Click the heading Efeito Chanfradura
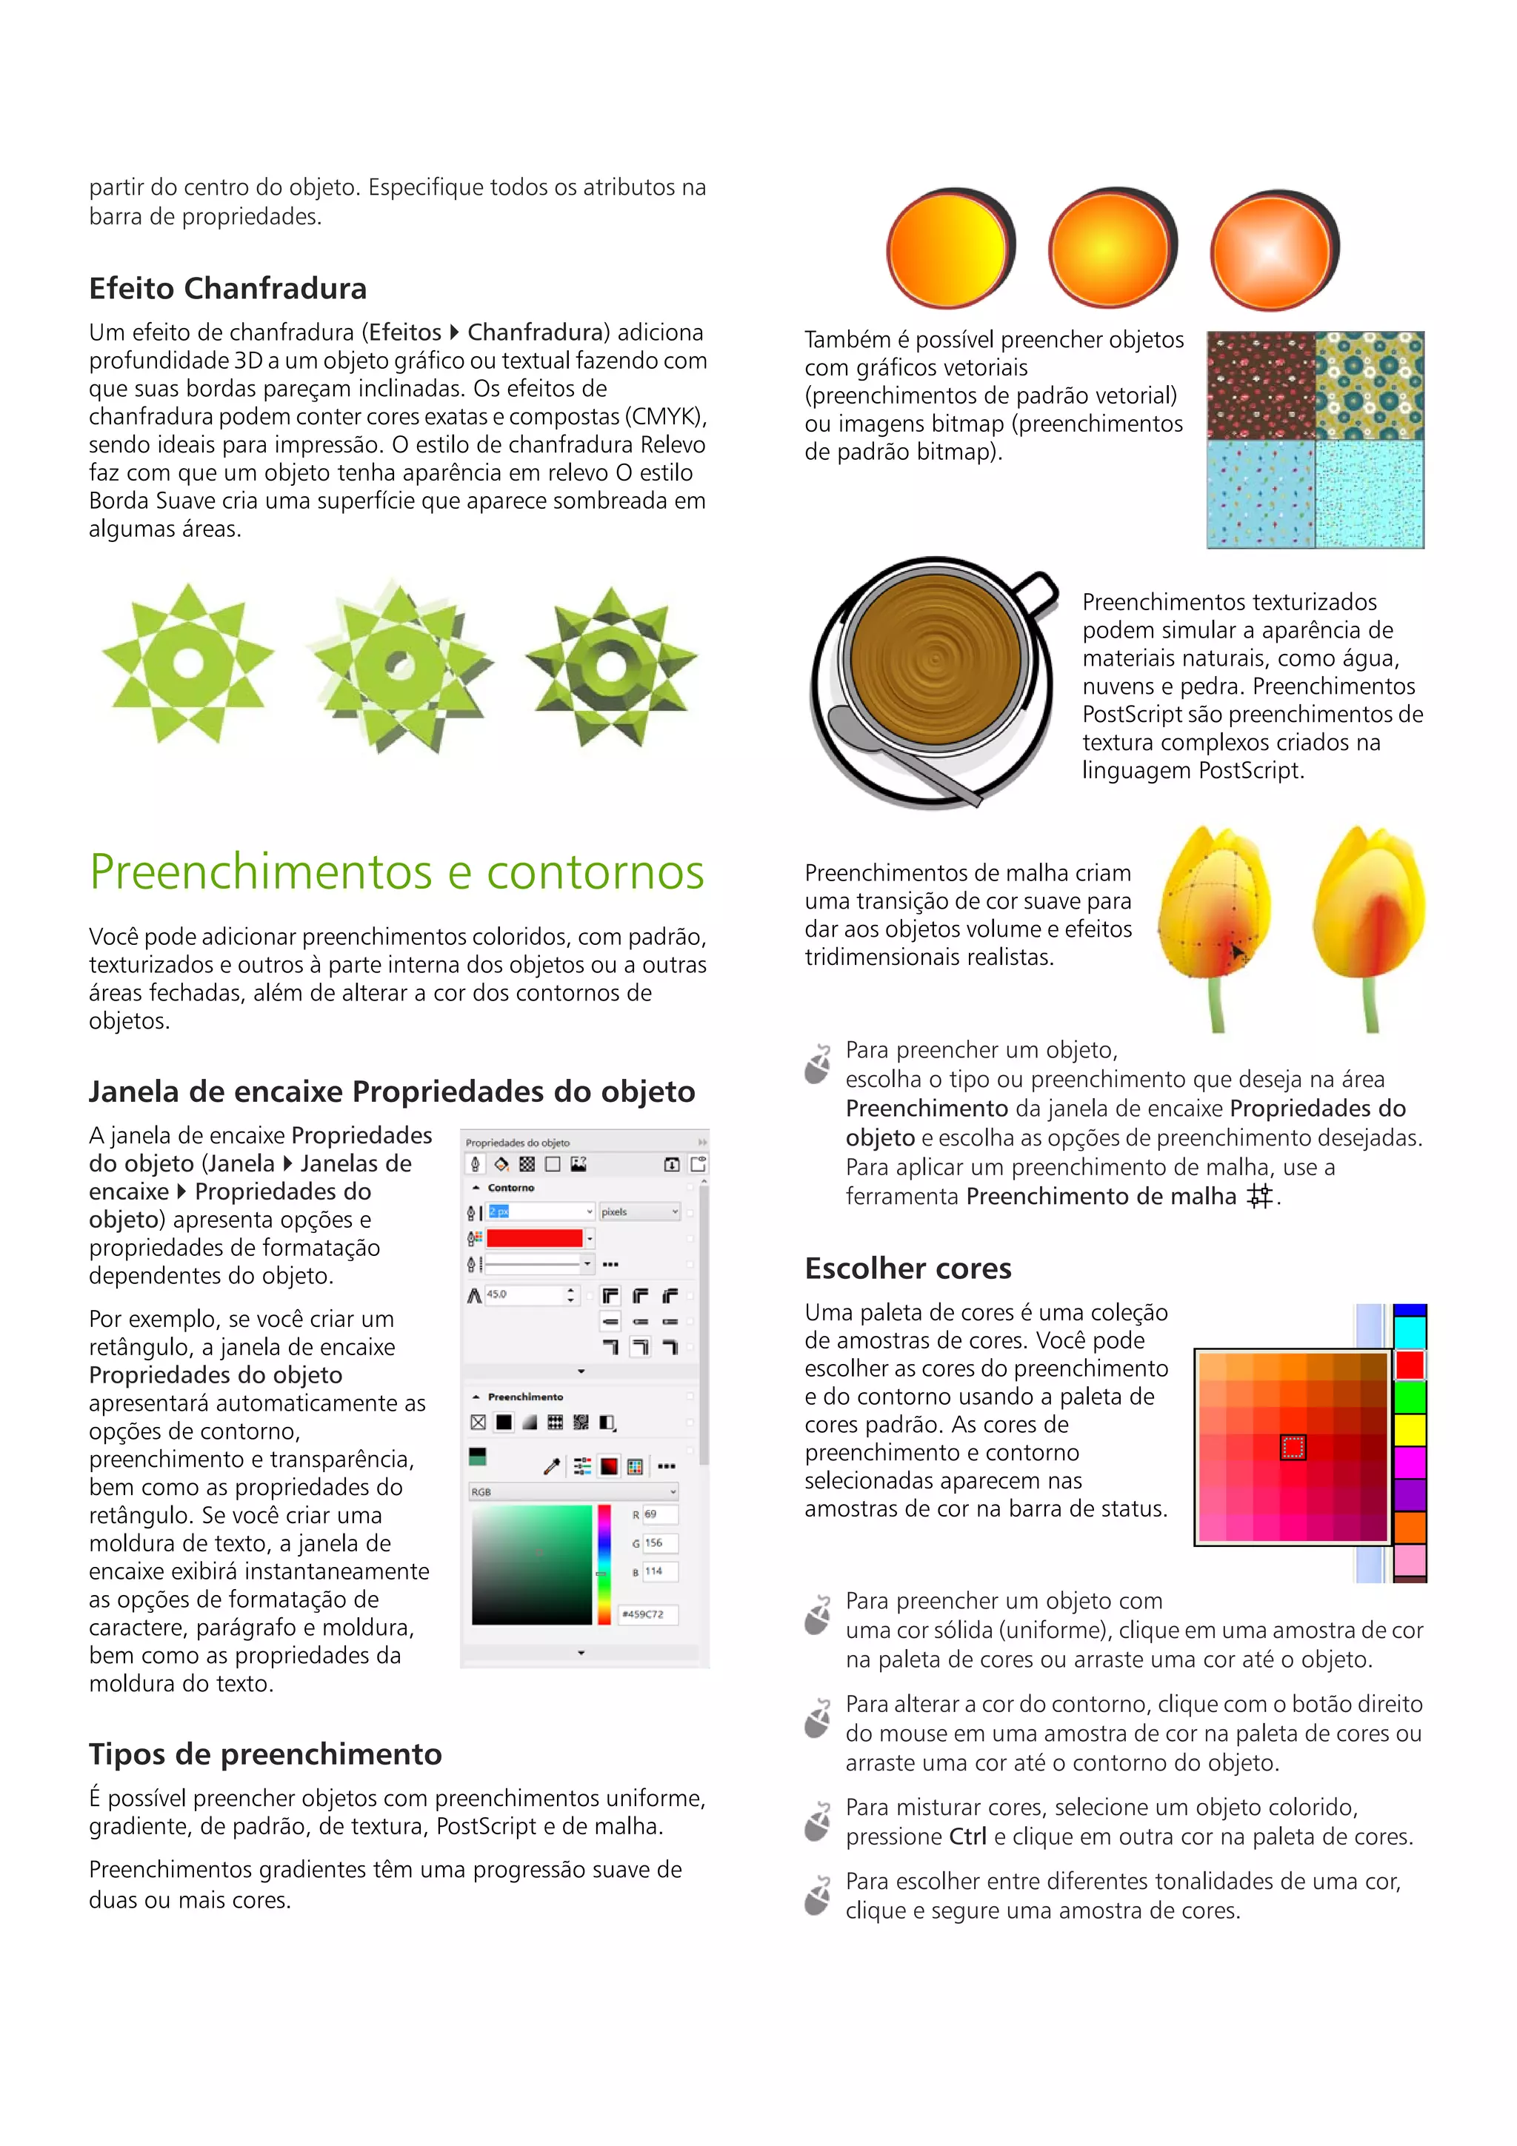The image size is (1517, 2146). pos(227,289)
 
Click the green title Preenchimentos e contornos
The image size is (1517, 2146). pos(396,872)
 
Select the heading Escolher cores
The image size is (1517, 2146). pos(907,1268)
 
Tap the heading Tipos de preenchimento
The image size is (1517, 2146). pos(264,1754)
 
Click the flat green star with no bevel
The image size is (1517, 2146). pos(188,663)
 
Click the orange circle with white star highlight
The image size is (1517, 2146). pos(1272,250)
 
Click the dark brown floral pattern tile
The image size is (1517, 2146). pos(1261,385)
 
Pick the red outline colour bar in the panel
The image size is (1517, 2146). pos(535,1238)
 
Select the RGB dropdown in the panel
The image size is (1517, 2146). pos(573,1491)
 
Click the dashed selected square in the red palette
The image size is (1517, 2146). pos(1293,1448)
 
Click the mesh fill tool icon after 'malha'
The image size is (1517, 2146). pos(1260,1197)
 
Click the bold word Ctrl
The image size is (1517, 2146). pos(967,1836)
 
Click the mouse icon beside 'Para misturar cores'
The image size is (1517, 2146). pos(818,1821)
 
